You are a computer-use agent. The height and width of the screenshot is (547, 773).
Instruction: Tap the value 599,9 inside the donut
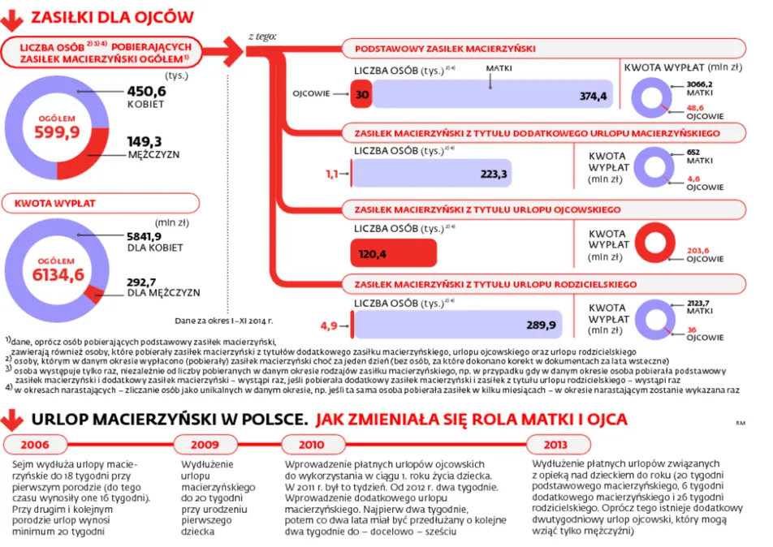point(57,133)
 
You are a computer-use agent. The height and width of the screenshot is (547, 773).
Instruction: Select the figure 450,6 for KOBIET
point(146,92)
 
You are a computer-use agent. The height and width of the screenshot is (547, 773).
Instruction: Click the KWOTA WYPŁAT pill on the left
point(50,203)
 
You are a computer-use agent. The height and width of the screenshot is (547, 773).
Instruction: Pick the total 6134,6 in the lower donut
point(58,274)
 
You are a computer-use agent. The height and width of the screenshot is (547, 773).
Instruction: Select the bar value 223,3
point(494,174)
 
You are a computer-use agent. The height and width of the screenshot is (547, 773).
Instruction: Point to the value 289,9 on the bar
point(540,325)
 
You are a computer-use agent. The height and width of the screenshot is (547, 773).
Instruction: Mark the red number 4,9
point(329,325)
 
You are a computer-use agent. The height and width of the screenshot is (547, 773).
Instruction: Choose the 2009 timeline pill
point(205,445)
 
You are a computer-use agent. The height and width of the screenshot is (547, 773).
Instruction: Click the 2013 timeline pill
point(556,445)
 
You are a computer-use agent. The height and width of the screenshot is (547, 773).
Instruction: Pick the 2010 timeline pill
point(311,445)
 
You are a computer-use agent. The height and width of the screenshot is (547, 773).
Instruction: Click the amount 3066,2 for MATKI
point(700,84)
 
